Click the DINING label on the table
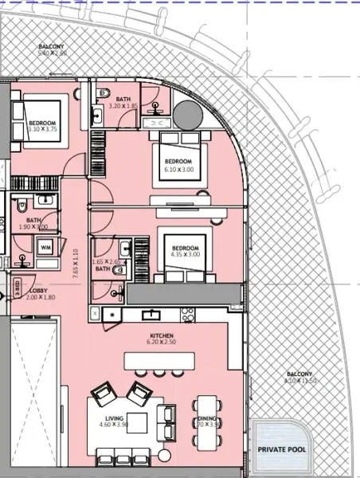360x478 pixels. [206, 417]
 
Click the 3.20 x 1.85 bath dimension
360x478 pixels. [124, 105]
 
